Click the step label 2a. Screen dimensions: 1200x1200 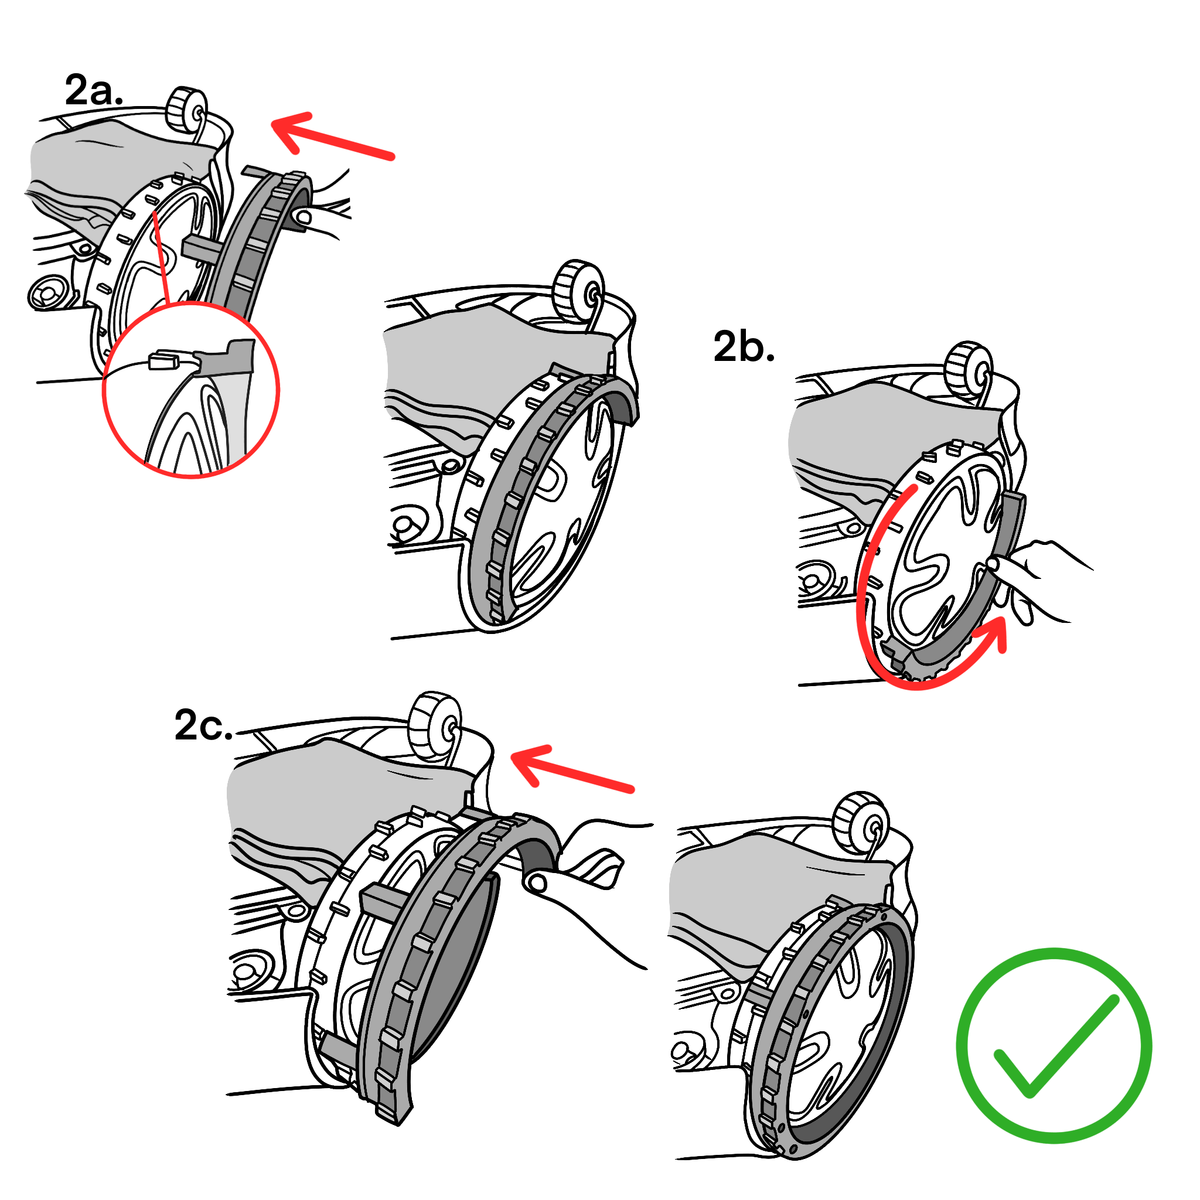click(93, 91)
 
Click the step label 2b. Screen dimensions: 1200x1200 click(744, 347)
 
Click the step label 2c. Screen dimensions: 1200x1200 click(203, 725)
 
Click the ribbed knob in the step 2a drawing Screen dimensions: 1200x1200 click(186, 110)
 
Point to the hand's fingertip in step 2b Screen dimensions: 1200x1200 click(993, 564)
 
